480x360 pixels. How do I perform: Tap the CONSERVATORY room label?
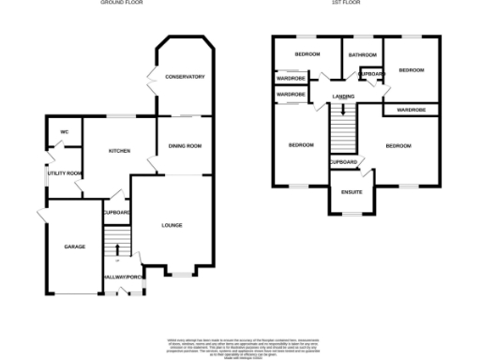(x=185, y=77)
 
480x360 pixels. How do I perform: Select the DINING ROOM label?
(x=185, y=146)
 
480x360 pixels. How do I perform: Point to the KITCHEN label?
(x=119, y=151)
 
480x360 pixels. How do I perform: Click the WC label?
(x=65, y=131)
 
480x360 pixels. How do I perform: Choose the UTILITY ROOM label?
(x=66, y=173)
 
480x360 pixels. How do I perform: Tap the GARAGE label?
(x=75, y=247)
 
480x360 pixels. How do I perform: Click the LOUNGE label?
(x=172, y=225)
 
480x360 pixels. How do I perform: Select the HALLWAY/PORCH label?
(x=124, y=277)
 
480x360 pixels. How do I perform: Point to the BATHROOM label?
(x=362, y=55)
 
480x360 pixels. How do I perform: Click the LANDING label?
(x=343, y=97)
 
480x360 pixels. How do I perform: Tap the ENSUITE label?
(x=352, y=194)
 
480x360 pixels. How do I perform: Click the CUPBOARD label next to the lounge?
(x=116, y=213)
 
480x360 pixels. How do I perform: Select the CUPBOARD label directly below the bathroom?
(x=371, y=73)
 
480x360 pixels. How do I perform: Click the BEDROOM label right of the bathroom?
(x=412, y=70)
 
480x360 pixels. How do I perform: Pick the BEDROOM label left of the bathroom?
(x=307, y=54)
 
